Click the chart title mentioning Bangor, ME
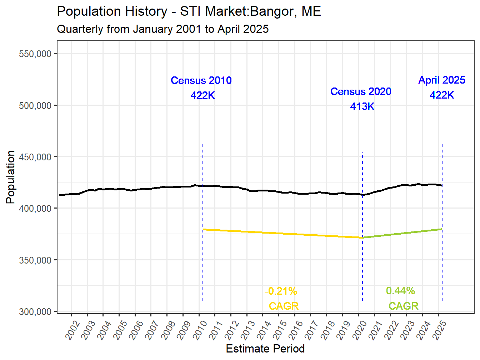189,12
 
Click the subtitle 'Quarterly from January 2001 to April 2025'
162,29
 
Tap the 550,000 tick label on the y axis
35,54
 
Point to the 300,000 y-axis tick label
35,312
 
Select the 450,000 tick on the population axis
35,157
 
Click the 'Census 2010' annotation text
201,81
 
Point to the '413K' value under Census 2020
362,106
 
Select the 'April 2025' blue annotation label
442,80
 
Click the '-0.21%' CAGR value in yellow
281,291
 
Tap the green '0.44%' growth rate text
400,291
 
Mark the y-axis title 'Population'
11,177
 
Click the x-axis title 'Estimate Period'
265,349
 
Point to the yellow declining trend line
282,233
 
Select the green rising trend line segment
402,233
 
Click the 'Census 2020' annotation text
361,92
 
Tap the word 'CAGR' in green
403,306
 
